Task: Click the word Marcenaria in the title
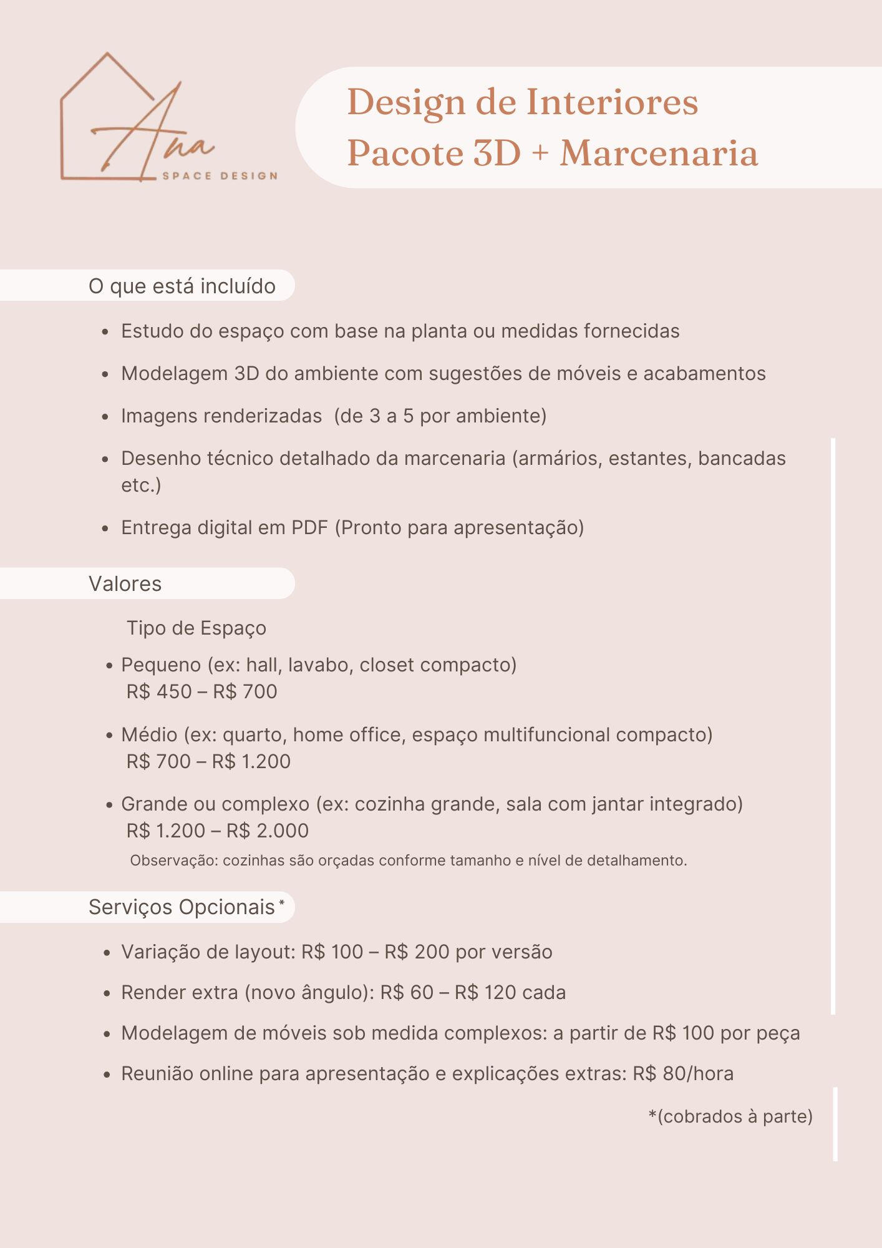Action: pos(659,154)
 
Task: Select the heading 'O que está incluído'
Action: pos(182,286)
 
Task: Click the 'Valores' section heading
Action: pos(125,584)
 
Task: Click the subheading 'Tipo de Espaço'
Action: pos(196,628)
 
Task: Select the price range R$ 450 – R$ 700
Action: pos(201,692)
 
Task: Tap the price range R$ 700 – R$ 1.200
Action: pos(208,762)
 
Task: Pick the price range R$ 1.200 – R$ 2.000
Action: pos(217,831)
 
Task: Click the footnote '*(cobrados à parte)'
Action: pos(730,1116)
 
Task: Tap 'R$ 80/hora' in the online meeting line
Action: pos(683,1074)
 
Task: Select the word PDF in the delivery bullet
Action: pos(309,528)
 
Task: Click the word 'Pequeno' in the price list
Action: pos(161,665)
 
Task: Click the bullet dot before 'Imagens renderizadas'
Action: pos(106,417)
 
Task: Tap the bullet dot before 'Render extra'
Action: pos(106,993)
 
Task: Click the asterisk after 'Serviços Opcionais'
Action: pos(282,903)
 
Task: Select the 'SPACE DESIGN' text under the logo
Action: pos(220,176)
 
